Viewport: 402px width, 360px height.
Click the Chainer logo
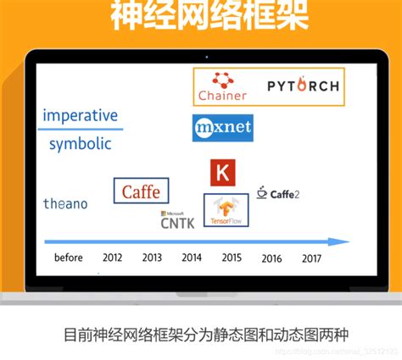tap(222, 86)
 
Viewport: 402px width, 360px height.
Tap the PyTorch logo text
tap(303, 86)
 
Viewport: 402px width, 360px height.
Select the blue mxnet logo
tap(222, 128)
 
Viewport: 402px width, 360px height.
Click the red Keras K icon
tap(222, 173)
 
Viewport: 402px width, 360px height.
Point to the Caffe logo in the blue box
tap(141, 191)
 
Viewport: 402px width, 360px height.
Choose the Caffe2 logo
tap(279, 194)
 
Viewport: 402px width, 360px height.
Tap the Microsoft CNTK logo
tap(176, 221)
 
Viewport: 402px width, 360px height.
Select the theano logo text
tap(65, 203)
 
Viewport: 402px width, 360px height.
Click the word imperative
tap(80, 115)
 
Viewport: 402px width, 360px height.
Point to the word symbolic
tap(80, 143)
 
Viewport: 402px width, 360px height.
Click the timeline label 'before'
tap(68, 258)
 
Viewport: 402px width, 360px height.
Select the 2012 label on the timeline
tap(112, 258)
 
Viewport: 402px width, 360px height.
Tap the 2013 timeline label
tap(152, 258)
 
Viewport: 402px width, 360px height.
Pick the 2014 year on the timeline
tap(192, 258)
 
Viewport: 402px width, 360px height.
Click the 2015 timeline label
tap(232, 258)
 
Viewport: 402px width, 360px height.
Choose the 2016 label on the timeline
tap(271, 258)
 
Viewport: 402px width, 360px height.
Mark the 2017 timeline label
tap(311, 258)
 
